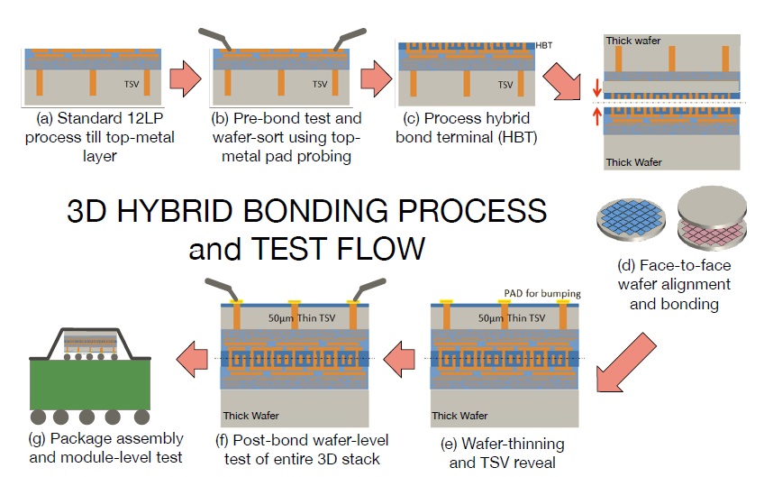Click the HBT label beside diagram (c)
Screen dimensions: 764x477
(544, 45)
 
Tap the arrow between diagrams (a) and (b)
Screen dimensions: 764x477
(186, 78)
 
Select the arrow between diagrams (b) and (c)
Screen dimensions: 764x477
(377, 78)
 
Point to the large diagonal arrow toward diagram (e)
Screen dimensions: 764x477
(625, 363)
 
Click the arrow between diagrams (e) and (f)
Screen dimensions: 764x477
(399, 359)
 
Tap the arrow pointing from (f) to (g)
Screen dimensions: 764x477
(192, 359)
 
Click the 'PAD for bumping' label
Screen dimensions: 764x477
(542, 293)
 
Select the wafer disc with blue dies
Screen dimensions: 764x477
(632, 219)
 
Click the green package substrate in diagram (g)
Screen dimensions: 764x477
(90, 384)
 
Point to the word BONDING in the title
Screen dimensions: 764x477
(315, 211)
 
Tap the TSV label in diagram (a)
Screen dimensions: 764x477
(132, 85)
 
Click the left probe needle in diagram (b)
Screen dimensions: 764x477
(214, 39)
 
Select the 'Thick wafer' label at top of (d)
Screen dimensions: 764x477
(633, 41)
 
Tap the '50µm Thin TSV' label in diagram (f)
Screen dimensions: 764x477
(302, 318)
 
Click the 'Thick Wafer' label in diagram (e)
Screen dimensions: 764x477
(459, 416)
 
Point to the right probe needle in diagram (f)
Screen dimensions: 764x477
(369, 289)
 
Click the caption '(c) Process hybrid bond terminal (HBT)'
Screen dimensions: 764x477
(467, 128)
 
